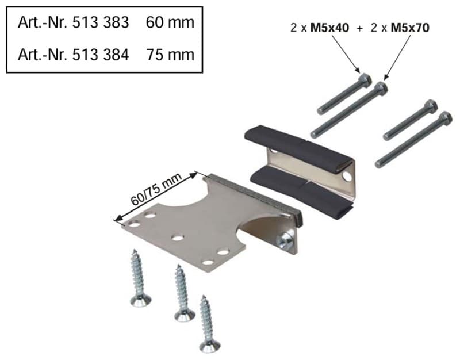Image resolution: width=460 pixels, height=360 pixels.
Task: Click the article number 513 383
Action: [x=100, y=22]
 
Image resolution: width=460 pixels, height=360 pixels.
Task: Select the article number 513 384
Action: [x=100, y=55]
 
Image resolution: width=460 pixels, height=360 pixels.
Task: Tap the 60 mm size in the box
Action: [x=170, y=22]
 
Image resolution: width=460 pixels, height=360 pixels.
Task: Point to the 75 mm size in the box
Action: [x=170, y=55]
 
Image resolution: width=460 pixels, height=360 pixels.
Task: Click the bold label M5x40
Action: [x=329, y=28]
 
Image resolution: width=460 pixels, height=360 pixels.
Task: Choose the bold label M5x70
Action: [x=410, y=28]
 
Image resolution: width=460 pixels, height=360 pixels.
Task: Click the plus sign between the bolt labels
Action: [x=360, y=28]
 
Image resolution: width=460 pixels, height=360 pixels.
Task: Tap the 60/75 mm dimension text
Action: [x=156, y=189]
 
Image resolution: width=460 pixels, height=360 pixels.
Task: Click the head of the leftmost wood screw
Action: [x=141, y=300]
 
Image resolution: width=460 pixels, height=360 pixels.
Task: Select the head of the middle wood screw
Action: [x=185, y=315]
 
